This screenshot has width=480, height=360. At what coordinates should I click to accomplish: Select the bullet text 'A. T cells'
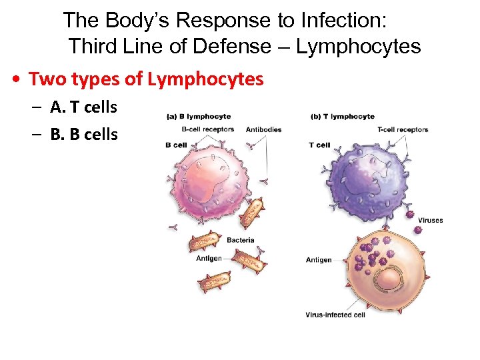click(x=83, y=107)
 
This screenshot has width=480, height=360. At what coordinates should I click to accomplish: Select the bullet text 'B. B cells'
click(x=83, y=134)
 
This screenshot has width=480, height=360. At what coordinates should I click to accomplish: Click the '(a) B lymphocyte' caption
click(x=199, y=117)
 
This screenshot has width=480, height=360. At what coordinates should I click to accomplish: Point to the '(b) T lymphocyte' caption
click(x=343, y=117)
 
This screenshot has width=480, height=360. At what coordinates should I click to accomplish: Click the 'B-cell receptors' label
click(x=207, y=129)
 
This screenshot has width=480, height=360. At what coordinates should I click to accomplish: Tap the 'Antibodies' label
click(x=263, y=129)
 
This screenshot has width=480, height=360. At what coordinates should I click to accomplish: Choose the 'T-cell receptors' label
click(x=402, y=129)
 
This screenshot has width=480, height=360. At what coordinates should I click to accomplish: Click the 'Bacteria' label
click(x=240, y=240)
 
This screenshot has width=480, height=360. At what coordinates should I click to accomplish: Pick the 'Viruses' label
click(x=430, y=221)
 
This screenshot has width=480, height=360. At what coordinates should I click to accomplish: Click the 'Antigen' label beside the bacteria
click(x=209, y=259)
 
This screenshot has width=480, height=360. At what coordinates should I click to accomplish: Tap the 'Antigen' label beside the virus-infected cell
click(x=319, y=259)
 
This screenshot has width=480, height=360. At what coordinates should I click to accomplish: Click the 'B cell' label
click(x=176, y=145)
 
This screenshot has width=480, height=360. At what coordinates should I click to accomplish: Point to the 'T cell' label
click(x=320, y=145)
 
